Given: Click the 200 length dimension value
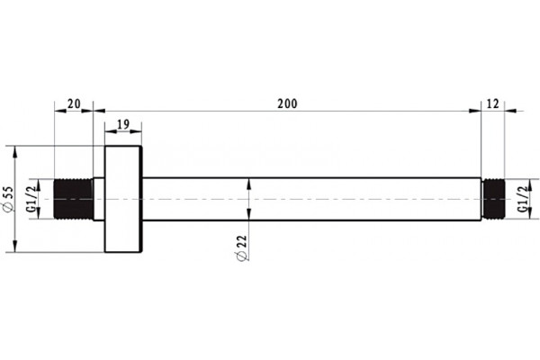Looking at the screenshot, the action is click(x=287, y=103).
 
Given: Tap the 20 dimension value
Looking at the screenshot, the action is click(x=74, y=103).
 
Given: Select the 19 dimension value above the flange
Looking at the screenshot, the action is click(x=123, y=124).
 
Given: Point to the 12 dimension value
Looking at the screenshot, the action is click(x=493, y=103).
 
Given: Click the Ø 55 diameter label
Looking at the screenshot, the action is click(x=7, y=199).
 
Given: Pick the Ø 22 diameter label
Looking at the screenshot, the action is click(x=242, y=248).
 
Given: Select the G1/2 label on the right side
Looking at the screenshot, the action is click(x=523, y=199).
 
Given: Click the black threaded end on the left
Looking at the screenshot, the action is click(x=74, y=199).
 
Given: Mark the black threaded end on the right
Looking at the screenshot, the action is click(x=493, y=199).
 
